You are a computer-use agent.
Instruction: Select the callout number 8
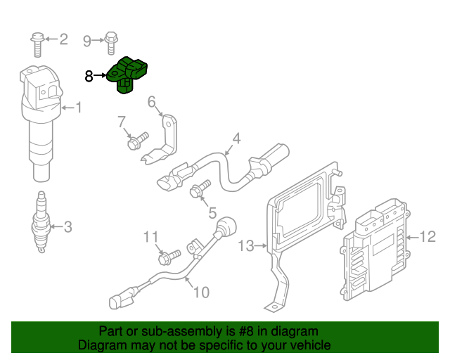(x=89, y=76)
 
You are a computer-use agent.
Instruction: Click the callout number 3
(x=67, y=226)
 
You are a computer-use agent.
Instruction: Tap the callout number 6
(x=150, y=103)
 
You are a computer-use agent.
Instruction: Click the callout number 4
(x=236, y=139)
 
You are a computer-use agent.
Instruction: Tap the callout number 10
(x=201, y=291)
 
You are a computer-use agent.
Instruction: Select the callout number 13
(x=245, y=246)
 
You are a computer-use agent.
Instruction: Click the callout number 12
(x=429, y=237)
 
